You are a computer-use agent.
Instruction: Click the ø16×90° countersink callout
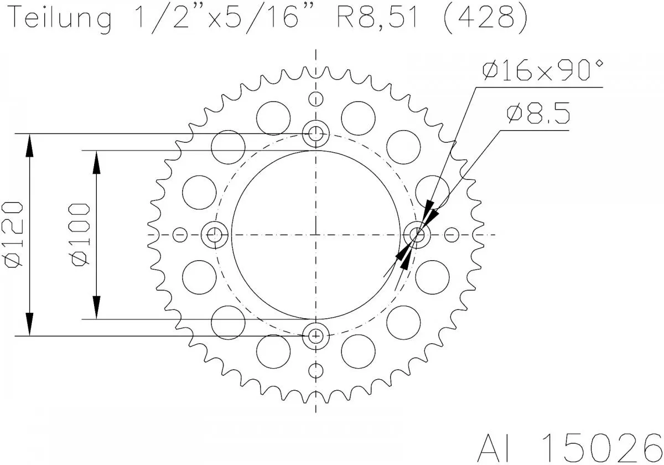point(542,71)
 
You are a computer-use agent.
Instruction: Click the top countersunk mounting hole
point(316,133)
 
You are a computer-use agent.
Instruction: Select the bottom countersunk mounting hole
point(316,335)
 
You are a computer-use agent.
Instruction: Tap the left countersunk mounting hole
point(214,235)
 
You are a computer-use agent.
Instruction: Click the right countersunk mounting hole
point(417,235)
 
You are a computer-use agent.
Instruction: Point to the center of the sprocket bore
point(316,235)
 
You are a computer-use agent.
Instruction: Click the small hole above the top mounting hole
point(316,100)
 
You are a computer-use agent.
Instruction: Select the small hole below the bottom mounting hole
point(316,370)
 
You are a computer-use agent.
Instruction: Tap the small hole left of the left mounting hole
point(180,235)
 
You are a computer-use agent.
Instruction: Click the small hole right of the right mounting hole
point(452,235)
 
